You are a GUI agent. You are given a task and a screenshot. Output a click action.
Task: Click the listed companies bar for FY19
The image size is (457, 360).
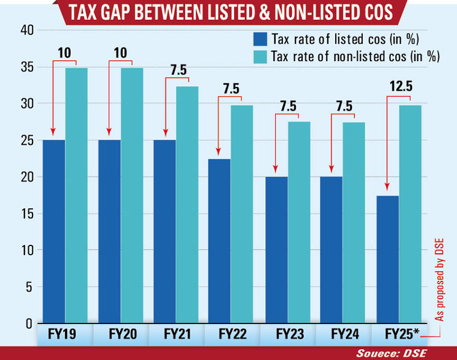pyautogui.click(x=54, y=231)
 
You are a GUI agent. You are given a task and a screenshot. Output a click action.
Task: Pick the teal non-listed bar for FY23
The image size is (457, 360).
pyautogui.click(x=298, y=222)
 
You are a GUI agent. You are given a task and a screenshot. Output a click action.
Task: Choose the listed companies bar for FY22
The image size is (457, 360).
pyautogui.click(x=219, y=240)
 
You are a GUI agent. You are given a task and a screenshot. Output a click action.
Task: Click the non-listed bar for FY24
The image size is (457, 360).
pyautogui.click(x=354, y=222)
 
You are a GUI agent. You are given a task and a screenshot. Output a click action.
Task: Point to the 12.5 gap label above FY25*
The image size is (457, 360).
pyautogui.click(x=401, y=86)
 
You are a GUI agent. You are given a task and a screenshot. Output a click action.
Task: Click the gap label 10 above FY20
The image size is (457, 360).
pyautogui.click(x=120, y=53)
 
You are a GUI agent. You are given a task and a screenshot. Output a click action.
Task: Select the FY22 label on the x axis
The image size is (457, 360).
pyautogui.click(x=231, y=334)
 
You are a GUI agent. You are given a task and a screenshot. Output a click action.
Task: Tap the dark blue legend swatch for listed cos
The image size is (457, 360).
pyautogui.click(x=259, y=40)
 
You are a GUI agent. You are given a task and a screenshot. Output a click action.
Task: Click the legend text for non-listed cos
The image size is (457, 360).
pyautogui.click(x=356, y=56)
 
